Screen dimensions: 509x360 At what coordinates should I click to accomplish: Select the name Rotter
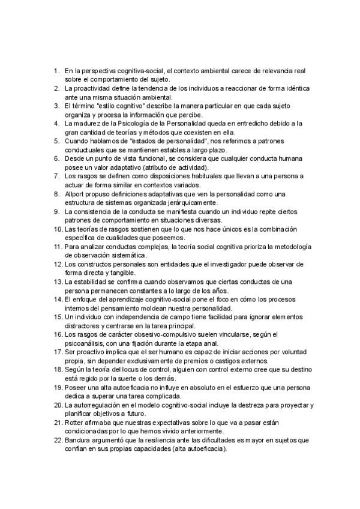tap(76, 423)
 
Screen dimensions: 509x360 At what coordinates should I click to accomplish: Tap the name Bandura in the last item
tap(79, 441)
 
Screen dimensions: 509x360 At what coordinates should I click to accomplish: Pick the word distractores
tap(84, 327)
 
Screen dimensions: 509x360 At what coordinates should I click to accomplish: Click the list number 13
tap(58, 282)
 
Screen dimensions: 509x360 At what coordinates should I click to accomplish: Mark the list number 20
tap(58, 406)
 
